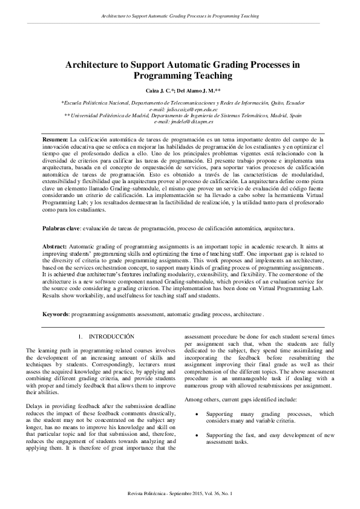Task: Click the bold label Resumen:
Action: coord(55,139)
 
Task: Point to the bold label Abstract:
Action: coord(56,230)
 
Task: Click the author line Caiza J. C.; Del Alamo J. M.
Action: coord(180,89)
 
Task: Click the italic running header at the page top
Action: coord(180,16)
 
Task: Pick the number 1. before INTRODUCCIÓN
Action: coord(81,336)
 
